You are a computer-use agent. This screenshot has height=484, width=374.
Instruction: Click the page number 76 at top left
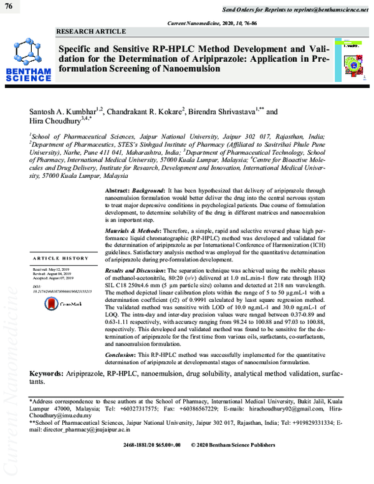pyautogui.click(x=9, y=6)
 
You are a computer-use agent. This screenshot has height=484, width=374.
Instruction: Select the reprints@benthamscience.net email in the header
pyautogui.click(x=326, y=11)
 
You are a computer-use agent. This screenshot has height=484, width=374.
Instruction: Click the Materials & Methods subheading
pyautogui.click(x=132, y=231)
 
